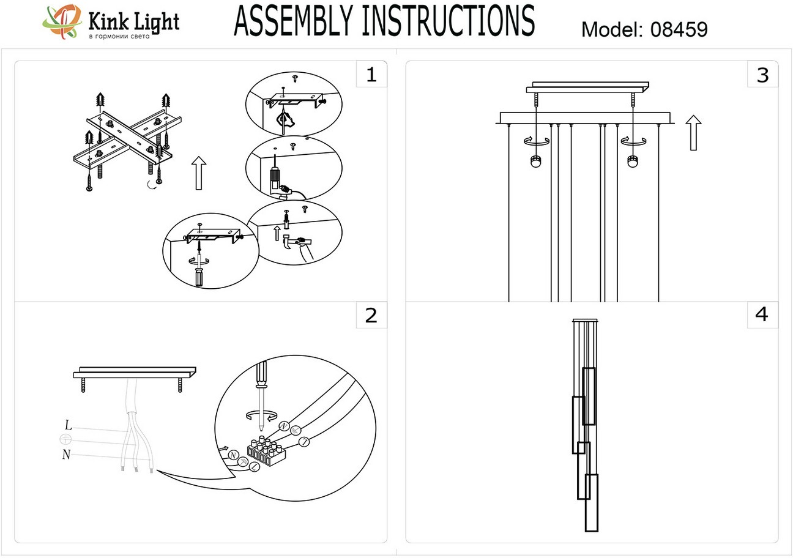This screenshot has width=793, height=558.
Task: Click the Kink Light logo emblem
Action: pyautogui.click(x=62, y=23)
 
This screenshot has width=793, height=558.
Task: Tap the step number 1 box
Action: pyautogui.click(x=371, y=75)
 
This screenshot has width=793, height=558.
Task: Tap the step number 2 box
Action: pyautogui.click(x=371, y=315)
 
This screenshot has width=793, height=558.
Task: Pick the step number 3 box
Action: pyautogui.click(x=762, y=75)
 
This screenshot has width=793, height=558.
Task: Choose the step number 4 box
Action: pyautogui.click(x=762, y=314)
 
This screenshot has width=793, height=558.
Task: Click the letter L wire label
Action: pyautogui.click(x=69, y=425)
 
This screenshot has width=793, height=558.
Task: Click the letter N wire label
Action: pyautogui.click(x=66, y=454)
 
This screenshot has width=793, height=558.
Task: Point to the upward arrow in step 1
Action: pyautogui.click(x=198, y=173)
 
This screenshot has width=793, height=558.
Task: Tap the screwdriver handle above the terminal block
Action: pyautogui.click(x=261, y=373)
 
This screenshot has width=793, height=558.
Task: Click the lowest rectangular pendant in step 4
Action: pyautogui.click(x=591, y=502)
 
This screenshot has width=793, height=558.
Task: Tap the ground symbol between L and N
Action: pyautogui.click(x=65, y=439)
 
